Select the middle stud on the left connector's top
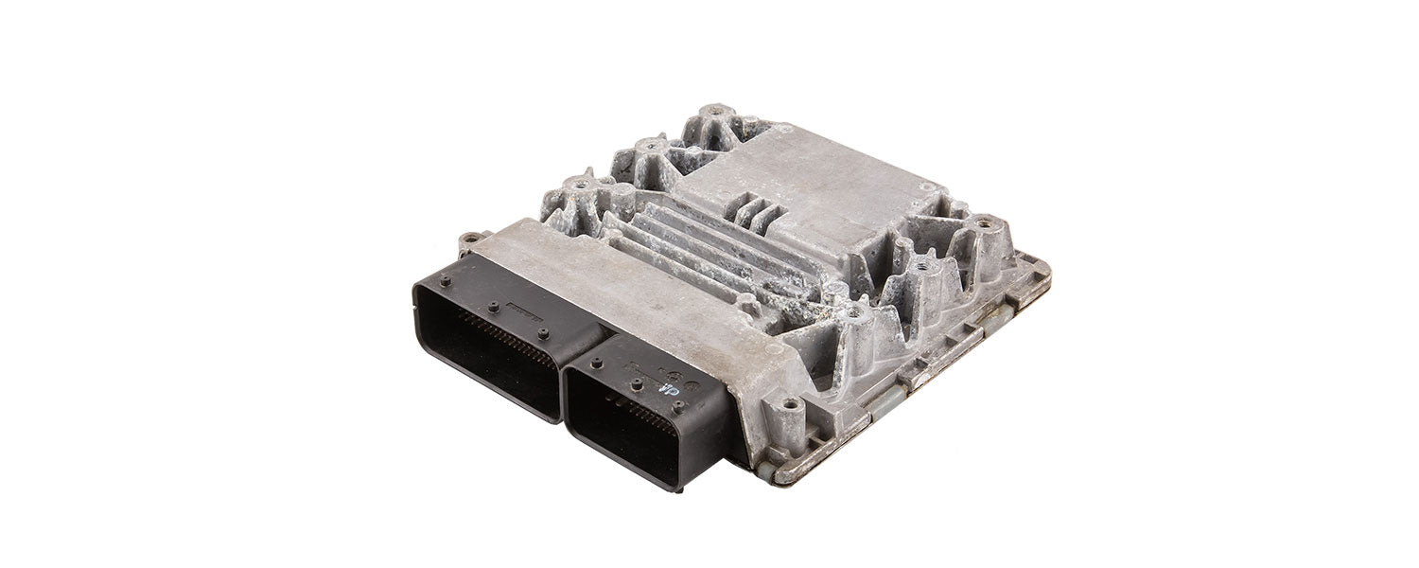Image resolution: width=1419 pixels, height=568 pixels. pos(493,306)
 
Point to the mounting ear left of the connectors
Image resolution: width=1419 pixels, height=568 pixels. pos(464,240)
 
